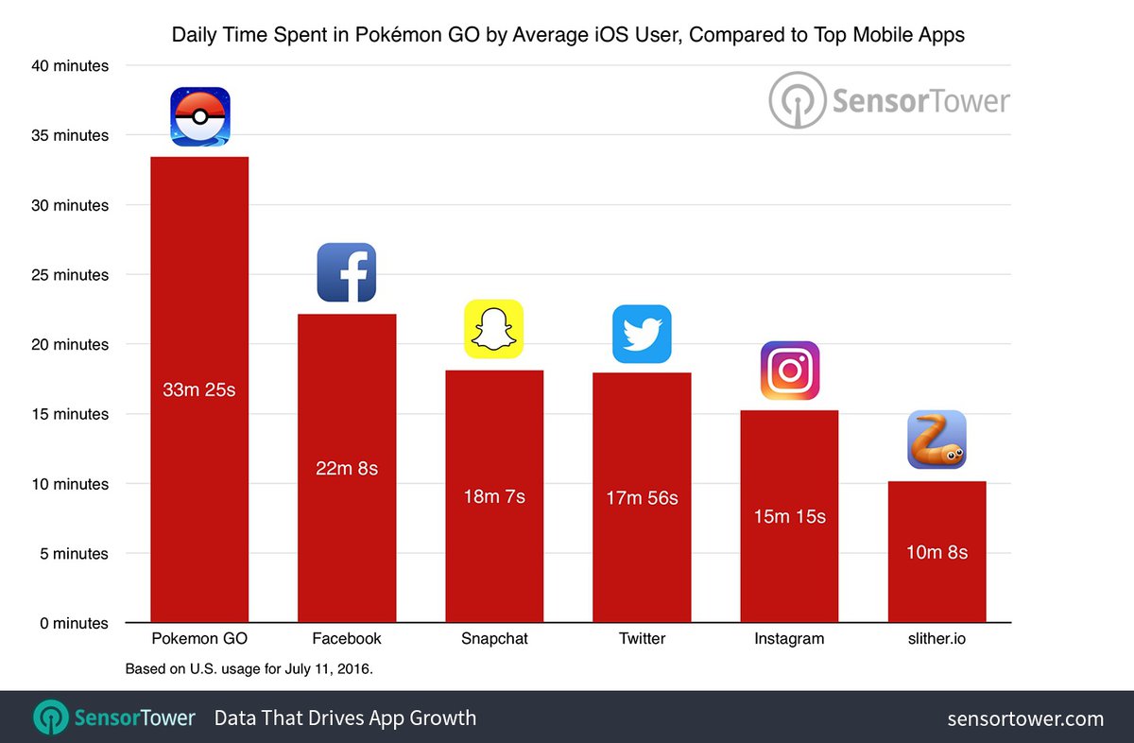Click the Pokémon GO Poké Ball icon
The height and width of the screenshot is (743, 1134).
[199, 116]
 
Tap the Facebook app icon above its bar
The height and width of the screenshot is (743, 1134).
[347, 272]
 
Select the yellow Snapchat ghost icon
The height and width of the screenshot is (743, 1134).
[493, 329]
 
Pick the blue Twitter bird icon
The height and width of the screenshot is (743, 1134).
[642, 334]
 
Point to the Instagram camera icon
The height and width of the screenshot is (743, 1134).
[789, 371]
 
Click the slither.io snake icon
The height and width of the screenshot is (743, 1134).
[936, 440]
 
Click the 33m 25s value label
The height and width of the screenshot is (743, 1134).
[199, 389]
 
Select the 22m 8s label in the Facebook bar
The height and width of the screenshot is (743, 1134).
[347, 468]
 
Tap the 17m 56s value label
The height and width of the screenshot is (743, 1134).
[642, 497]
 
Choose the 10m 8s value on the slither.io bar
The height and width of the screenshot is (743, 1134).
[936, 552]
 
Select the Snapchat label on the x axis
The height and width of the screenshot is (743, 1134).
[494, 639]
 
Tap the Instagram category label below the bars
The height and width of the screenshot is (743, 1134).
[789, 639]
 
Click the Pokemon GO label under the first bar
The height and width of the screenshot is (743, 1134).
[199, 639]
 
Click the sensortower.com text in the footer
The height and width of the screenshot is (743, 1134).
[1025, 718]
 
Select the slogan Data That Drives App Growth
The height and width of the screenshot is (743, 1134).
[345, 718]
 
